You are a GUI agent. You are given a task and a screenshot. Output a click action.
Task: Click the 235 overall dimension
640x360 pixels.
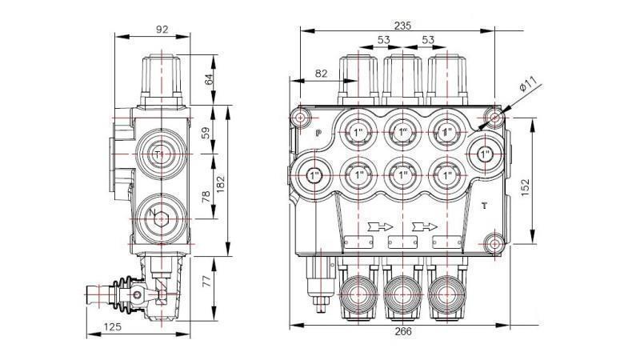[402, 25]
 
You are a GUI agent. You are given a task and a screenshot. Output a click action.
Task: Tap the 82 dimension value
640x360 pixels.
[321, 74]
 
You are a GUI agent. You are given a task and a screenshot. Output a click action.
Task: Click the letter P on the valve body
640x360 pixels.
[318, 134]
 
